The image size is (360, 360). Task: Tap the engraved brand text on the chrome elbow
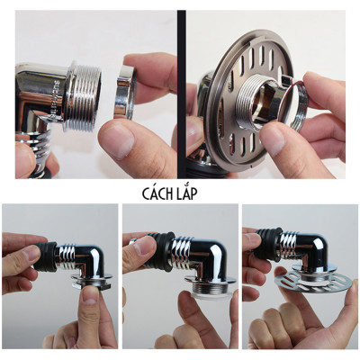tap(58, 99)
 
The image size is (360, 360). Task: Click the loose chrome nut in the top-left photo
tap(124, 93)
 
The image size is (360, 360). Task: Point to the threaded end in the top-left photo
tap(82, 97)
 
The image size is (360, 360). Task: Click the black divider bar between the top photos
tap(182, 94)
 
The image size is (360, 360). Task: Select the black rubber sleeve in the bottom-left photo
tap(45, 256)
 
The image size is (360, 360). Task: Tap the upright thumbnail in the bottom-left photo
tap(90, 295)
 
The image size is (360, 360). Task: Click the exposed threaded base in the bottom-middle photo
tap(210, 289)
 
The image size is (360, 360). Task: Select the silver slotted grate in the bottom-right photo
tap(313, 280)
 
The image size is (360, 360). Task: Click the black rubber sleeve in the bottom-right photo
tap(268, 244)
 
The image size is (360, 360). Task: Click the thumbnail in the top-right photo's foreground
tap(272, 139)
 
